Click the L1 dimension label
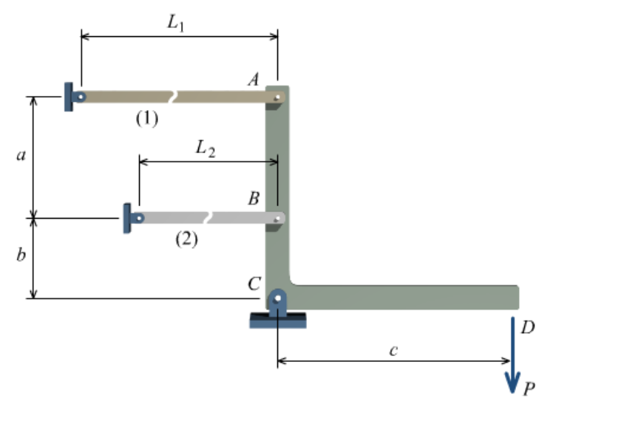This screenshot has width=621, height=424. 175,23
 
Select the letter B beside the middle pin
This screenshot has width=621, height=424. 254,198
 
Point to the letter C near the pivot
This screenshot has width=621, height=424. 254,283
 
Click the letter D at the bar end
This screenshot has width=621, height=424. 527,327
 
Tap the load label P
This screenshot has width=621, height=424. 529,387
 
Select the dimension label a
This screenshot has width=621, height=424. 21,156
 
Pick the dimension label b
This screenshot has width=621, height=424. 21,256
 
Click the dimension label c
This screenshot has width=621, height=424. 393,350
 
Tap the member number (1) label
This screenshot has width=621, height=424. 146,118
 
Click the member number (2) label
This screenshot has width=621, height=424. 186,239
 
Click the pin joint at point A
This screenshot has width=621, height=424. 277,97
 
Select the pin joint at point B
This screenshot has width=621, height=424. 277,218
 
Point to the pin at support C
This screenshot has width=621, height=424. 277,299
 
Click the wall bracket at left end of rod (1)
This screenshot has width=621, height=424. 69,97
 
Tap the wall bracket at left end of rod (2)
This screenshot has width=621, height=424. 128,218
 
